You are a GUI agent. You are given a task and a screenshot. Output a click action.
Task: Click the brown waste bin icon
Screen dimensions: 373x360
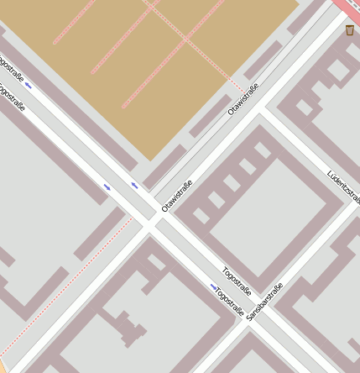coord(349,30)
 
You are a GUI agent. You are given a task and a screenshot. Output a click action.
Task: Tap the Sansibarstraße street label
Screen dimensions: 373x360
coord(264,304)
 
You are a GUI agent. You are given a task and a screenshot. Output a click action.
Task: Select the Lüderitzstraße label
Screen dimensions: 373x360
coord(344,187)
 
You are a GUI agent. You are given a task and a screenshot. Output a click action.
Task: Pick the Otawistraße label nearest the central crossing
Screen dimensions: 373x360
coord(177,196)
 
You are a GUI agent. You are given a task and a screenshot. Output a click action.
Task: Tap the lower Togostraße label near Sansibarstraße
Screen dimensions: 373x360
coord(230,303)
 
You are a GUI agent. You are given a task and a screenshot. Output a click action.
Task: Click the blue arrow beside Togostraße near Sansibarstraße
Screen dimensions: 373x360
coord(214,287)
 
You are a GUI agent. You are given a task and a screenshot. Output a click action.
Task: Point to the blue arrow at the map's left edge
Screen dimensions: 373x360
coord(29,85)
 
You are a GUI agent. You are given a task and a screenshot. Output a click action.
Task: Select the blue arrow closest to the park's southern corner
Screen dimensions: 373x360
coord(134,185)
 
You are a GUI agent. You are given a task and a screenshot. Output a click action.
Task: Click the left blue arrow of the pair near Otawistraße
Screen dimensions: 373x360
coord(107,186)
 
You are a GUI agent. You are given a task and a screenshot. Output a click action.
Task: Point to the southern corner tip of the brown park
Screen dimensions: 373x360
coord(150,160)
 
